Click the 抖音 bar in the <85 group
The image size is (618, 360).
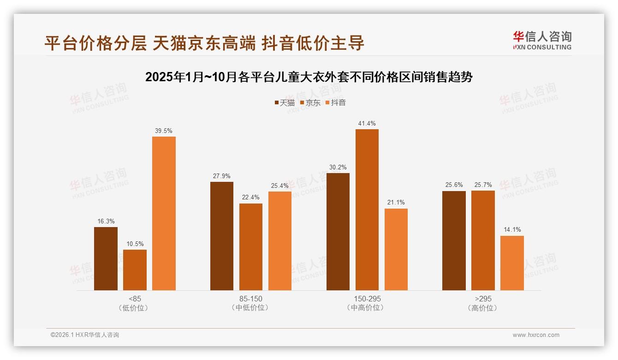coord(164,213)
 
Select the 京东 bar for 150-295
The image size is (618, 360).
coord(367,210)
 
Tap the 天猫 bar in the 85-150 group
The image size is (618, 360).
coord(222,236)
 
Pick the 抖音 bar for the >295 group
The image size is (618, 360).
coord(512,263)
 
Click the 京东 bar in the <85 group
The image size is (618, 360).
coord(135,270)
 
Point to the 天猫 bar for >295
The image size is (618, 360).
coord(454,240)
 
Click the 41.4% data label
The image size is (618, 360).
coord(367,124)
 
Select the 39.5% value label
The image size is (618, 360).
coord(164,131)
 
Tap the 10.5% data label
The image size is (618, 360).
coord(135,244)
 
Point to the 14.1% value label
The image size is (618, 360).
coord(512,230)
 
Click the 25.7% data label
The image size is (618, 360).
coord(483,185)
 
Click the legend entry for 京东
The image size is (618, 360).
coord(310,103)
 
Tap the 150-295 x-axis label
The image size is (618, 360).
coord(367,299)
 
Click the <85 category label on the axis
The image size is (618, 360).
coord(135,299)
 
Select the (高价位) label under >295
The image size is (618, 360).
coord(483,308)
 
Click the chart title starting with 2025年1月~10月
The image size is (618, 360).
coord(309,77)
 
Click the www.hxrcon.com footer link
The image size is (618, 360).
coord(536,335)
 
